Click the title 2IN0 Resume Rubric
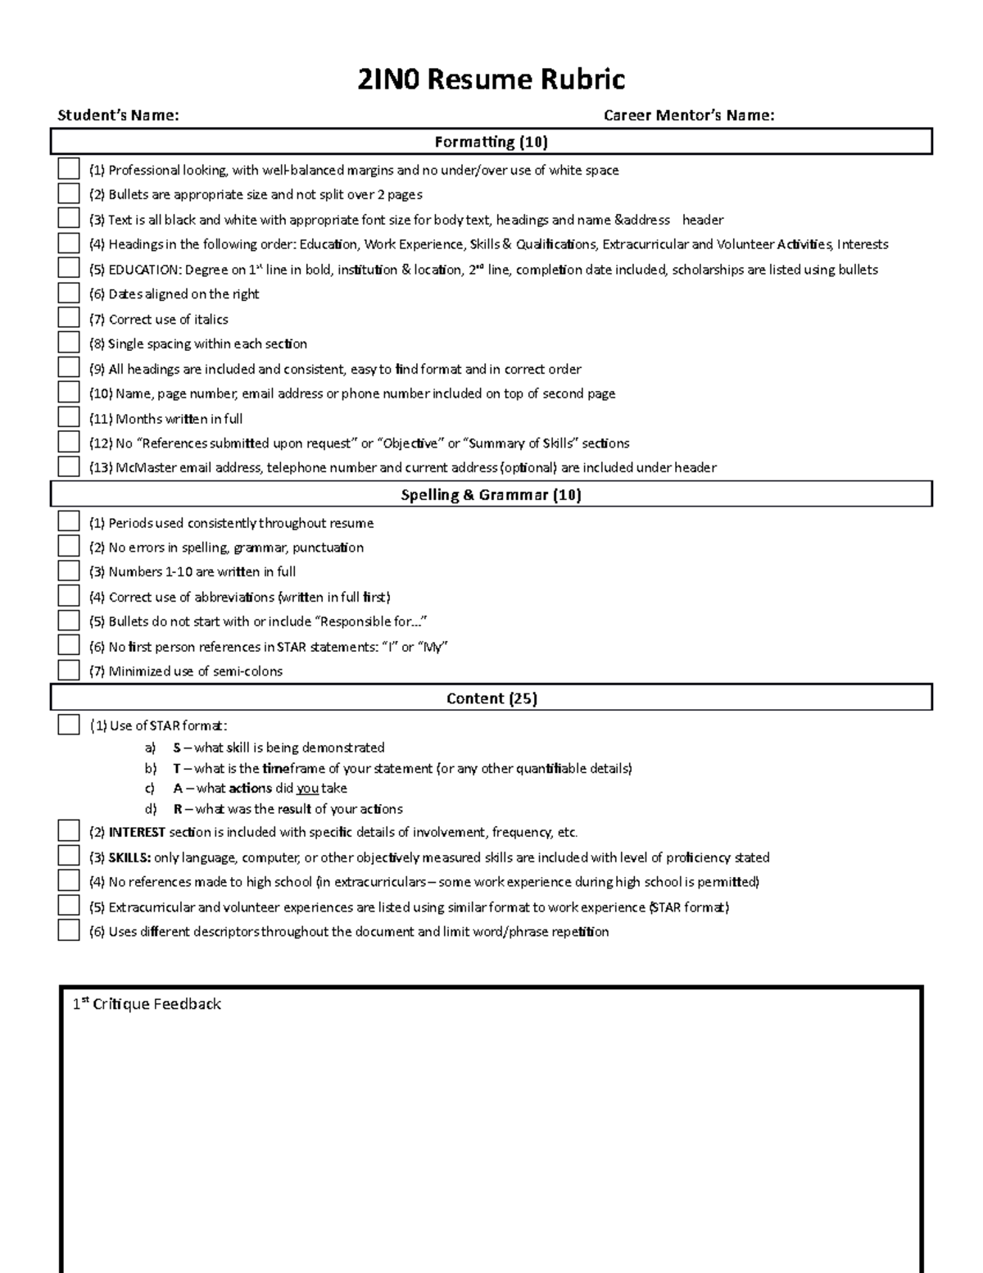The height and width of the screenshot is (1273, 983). coord(491,80)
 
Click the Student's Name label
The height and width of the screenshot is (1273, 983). coord(118,116)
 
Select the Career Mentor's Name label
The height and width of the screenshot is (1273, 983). coord(688,116)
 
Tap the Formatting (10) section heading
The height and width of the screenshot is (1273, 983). coord(491,142)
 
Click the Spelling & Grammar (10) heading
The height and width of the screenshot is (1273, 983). coord(491,495)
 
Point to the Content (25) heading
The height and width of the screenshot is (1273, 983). coord(491,698)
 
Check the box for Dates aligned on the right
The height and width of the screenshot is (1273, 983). coord(69,293)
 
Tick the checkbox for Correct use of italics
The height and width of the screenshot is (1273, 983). coord(69,318)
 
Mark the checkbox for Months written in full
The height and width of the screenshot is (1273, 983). coord(69,417)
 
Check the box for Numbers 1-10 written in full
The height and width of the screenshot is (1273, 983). coord(69,571)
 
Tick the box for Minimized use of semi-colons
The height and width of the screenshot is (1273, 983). coord(69,670)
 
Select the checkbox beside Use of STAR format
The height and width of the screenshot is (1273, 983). coord(69,725)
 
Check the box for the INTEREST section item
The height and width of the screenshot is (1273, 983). coord(69,831)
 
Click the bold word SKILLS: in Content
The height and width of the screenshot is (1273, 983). coord(129,857)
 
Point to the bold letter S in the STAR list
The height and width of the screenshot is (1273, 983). coord(177,748)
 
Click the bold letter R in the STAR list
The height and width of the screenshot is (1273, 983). coord(177,809)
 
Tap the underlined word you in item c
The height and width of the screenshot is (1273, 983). coord(307,789)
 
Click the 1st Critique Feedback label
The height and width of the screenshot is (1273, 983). coord(147,1004)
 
